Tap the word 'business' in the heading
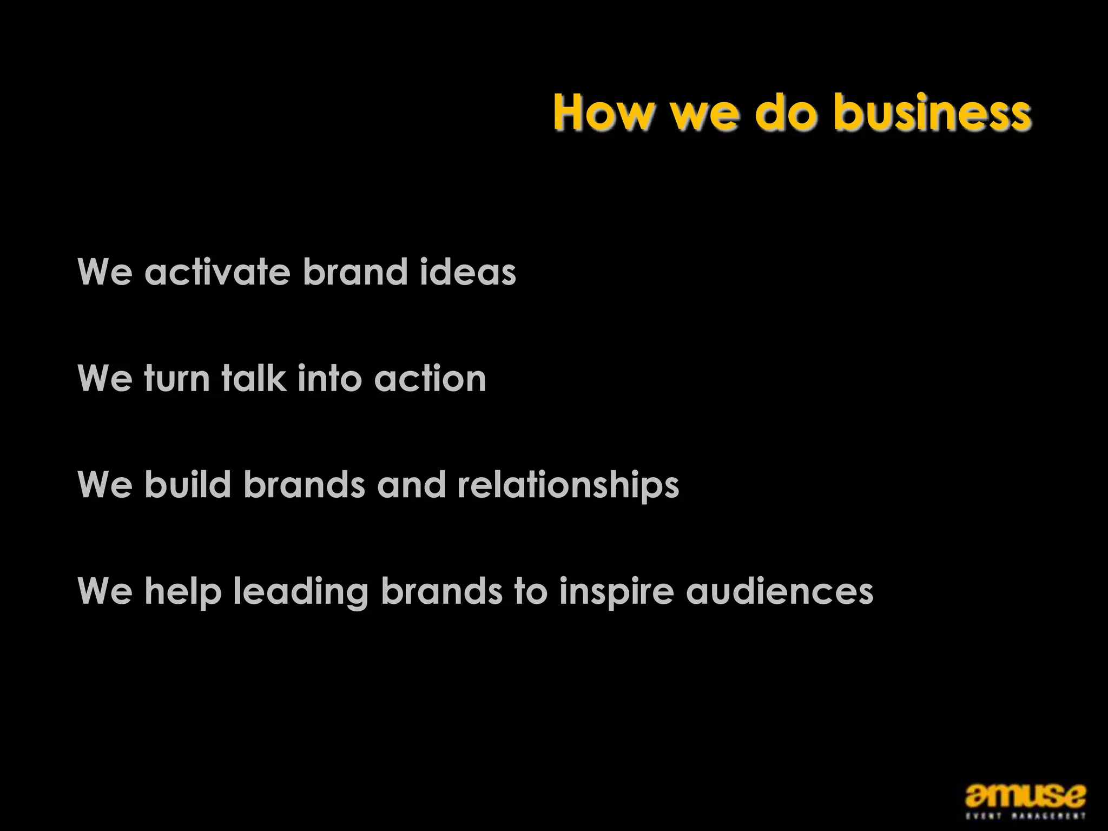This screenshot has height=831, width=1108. click(932, 113)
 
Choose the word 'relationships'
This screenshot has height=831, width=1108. click(568, 485)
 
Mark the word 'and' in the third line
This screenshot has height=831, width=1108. click(411, 484)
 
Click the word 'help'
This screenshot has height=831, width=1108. click(183, 592)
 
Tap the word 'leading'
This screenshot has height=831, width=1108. click(300, 592)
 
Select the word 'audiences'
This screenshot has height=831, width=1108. click(780, 591)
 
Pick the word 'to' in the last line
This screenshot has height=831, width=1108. click(531, 591)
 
